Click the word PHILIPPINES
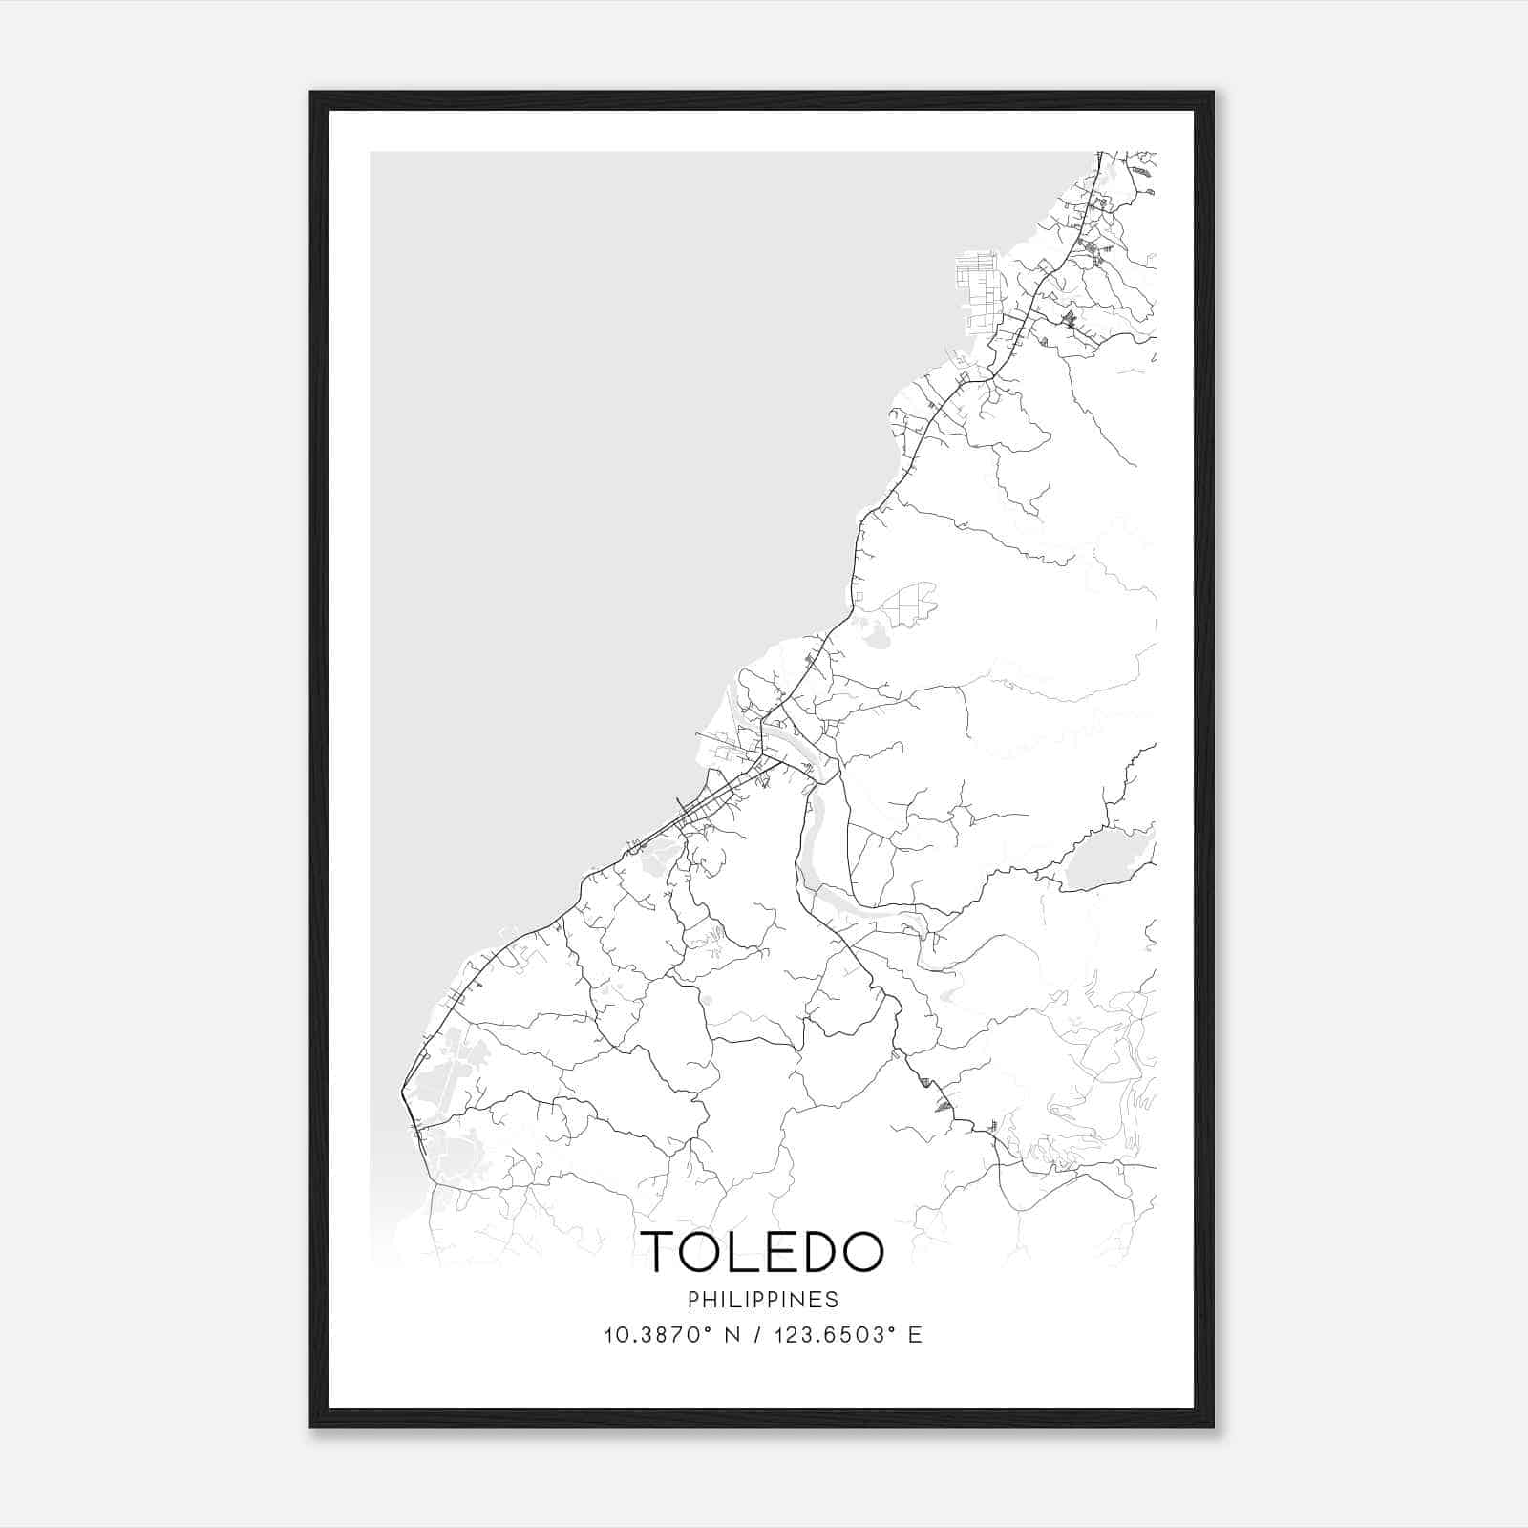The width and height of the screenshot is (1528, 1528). point(763,1300)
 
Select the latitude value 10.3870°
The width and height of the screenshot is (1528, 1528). point(652,1335)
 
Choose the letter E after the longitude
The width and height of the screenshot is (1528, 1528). point(916,1335)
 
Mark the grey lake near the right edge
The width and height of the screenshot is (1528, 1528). point(1094,866)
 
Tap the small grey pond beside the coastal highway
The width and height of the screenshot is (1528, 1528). point(872,632)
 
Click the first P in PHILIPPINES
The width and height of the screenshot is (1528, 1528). point(692,1300)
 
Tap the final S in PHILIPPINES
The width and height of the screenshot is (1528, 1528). point(834,1300)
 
